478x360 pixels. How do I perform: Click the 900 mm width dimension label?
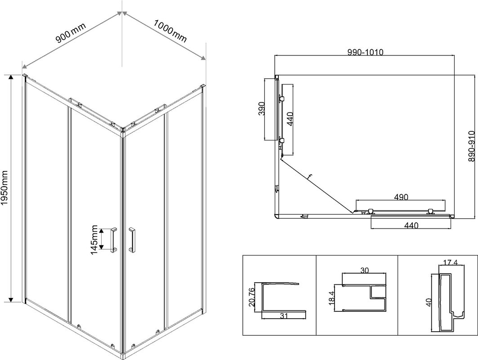[71, 33]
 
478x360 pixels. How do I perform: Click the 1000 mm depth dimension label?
[170, 31]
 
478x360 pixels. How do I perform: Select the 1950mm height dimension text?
[5, 187]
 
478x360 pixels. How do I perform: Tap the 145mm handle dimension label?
[94, 239]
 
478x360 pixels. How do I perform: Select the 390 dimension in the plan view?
[261, 109]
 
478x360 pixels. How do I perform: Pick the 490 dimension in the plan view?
[401, 197]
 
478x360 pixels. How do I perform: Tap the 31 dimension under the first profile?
[284, 316]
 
